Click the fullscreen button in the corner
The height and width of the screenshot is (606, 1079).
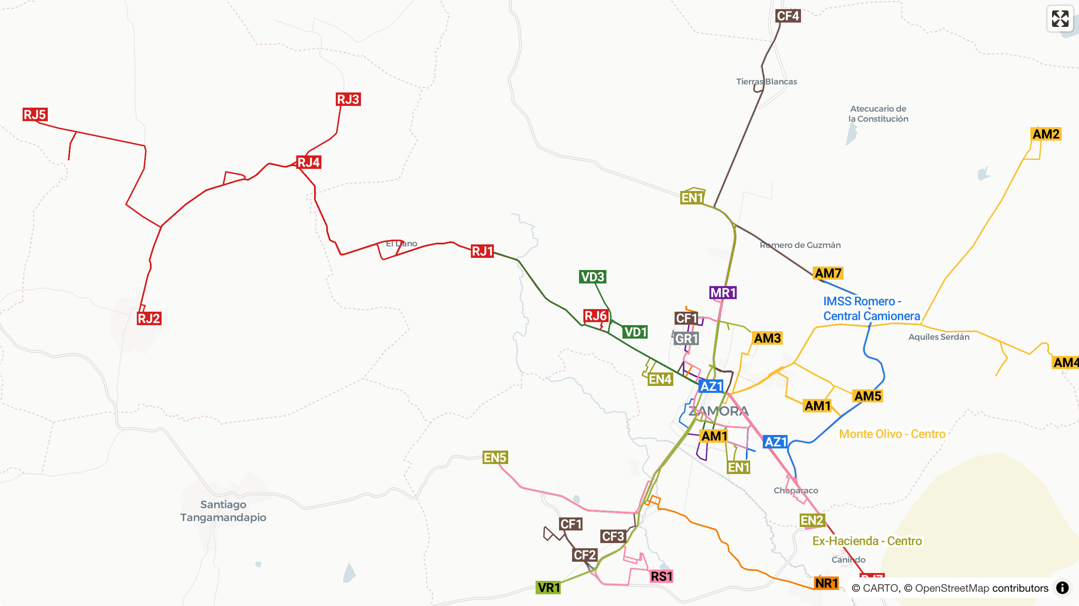(1060, 19)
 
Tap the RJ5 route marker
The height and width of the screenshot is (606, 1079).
(35, 115)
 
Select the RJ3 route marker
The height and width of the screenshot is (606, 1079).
(348, 99)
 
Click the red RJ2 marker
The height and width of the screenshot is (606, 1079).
(149, 319)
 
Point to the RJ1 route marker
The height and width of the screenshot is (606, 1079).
(482, 251)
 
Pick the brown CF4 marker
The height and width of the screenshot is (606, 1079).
(788, 16)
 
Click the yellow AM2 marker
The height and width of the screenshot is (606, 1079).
(1046, 134)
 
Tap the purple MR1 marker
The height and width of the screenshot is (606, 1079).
(723, 293)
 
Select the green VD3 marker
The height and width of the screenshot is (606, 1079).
(592, 277)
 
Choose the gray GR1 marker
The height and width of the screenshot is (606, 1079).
(686, 339)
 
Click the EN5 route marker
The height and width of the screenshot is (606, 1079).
(495, 458)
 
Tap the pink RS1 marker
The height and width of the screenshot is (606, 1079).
(661, 576)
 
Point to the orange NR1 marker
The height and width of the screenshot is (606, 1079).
(826, 583)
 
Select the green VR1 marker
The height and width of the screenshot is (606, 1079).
(549, 588)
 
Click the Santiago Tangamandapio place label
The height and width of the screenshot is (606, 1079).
(223, 511)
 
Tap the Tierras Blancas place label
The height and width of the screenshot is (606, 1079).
(766, 82)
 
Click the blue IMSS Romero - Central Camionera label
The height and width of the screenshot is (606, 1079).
(871, 309)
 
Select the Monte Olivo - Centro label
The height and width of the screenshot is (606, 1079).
(892, 434)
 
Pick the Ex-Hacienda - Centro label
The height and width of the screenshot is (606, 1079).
(867, 541)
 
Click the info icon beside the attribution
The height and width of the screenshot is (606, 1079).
(1062, 588)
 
